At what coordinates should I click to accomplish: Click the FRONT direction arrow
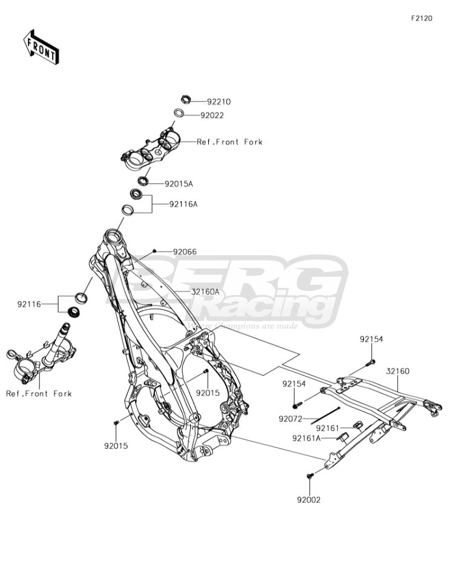point(41,47)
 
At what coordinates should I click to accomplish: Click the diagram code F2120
point(421,18)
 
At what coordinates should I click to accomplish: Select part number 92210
point(219,102)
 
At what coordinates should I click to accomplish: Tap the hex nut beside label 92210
point(186,99)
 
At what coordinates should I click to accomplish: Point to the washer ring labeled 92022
point(179,112)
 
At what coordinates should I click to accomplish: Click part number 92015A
point(179,184)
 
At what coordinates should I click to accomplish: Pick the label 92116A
point(183,204)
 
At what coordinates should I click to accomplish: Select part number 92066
point(185,252)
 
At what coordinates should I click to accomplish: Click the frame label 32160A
point(205,292)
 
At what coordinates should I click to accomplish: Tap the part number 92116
point(29,304)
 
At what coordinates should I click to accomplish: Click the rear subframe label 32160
point(398,371)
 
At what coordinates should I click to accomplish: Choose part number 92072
point(290,419)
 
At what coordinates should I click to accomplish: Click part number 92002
point(309,500)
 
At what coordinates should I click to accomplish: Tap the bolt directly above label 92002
point(310,476)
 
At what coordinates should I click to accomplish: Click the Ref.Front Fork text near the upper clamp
point(229,142)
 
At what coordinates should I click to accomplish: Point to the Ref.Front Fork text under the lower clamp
point(39,394)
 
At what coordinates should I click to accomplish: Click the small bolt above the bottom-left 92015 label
point(116,422)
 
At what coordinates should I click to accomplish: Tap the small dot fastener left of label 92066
point(154,250)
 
